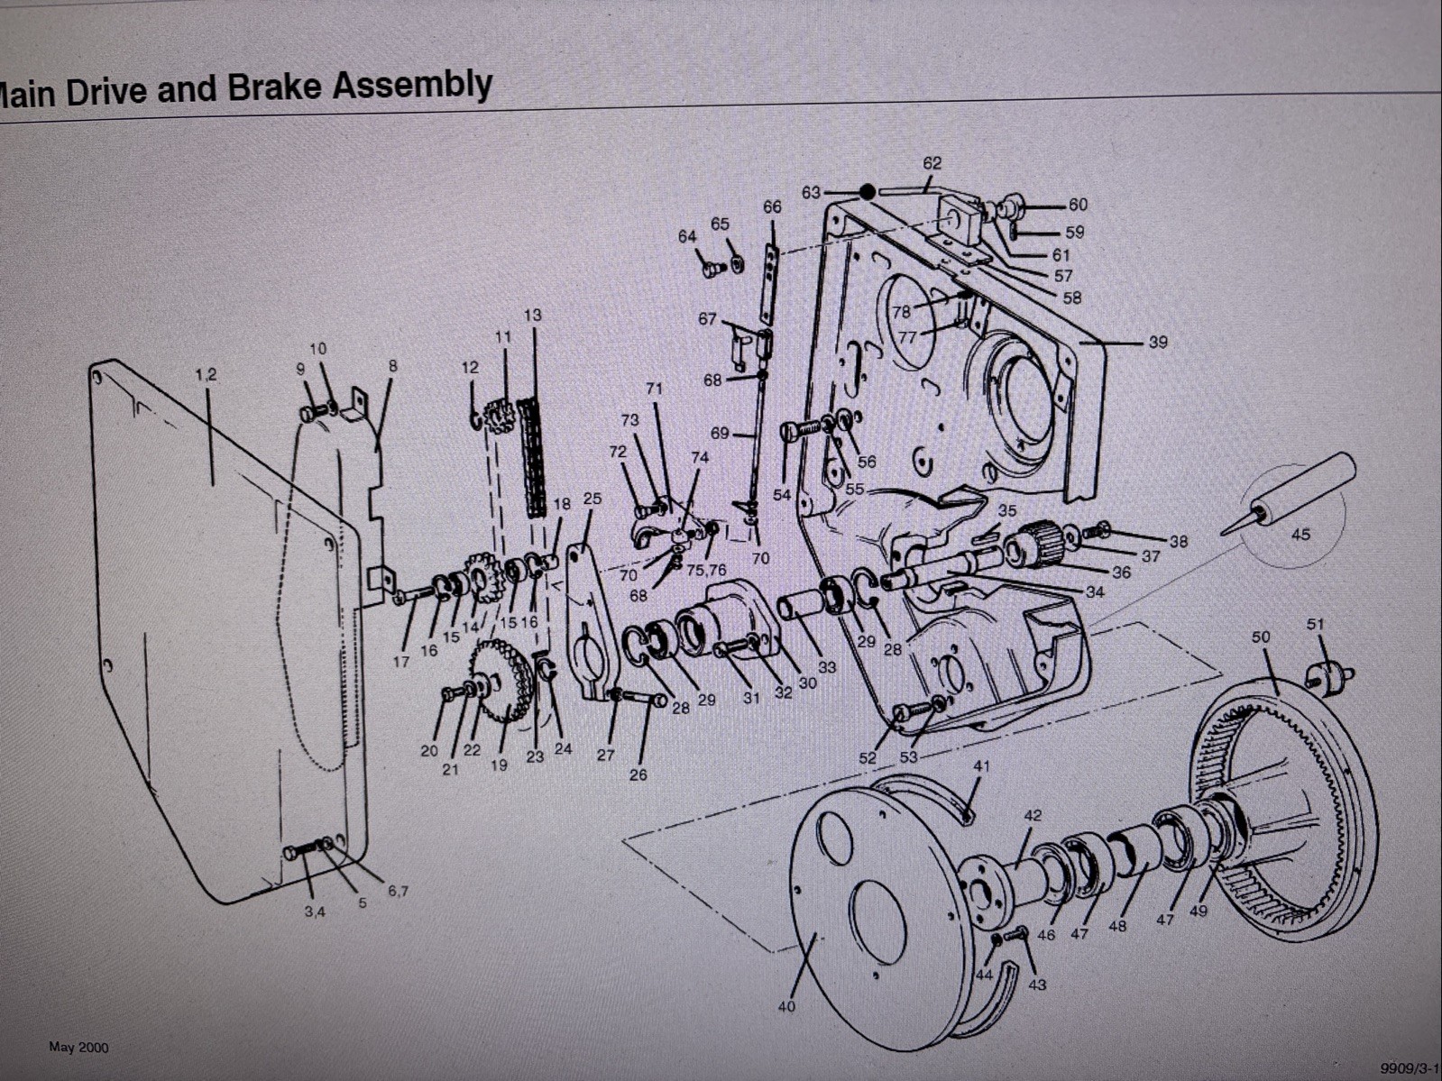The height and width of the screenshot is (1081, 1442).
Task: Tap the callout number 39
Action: [x=1158, y=343]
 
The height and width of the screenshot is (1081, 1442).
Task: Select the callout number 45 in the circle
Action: [x=1300, y=535]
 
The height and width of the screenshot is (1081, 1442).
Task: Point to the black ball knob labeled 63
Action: [x=867, y=191]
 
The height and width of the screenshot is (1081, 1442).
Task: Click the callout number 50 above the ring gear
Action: [x=1260, y=637]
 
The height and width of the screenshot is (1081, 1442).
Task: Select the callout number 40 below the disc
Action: [x=786, y=1005]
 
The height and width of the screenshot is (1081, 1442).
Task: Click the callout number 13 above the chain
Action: [x=533, y=315]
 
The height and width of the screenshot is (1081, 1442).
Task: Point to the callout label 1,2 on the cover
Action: [x=206, y=375]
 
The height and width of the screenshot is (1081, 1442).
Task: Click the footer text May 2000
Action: [x=78, y=1047]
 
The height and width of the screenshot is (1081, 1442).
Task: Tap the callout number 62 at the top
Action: [x=932, y=163]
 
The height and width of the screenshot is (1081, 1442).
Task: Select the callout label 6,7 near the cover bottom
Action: [x=398, y=891]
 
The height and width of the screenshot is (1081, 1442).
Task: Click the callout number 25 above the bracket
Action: [x=592, y=499]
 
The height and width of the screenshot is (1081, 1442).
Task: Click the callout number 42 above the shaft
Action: [x=1033, y=815]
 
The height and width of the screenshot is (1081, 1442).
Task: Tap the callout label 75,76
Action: [x=706, y=569]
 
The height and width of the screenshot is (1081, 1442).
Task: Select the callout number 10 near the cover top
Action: [x=317, y=349]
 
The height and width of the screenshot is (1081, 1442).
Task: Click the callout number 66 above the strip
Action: [x=772, y=206]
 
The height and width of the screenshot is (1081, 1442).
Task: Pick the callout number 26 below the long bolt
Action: [x=638, y=774]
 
